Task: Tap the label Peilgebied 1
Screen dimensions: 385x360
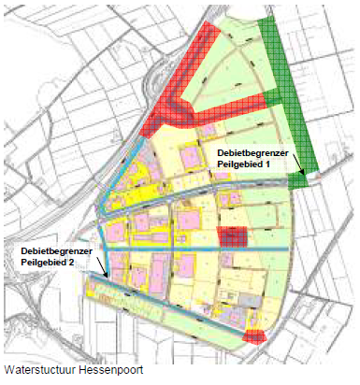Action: pyautogui.click(x=242, y=164)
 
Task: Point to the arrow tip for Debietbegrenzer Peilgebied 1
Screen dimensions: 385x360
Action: pyautogui.click(x=304, y=174)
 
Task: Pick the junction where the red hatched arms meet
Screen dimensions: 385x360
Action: pyautogui.click(x=192, y=109)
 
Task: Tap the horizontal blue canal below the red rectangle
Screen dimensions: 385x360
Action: pyautogui.click(x=196, y=251)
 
